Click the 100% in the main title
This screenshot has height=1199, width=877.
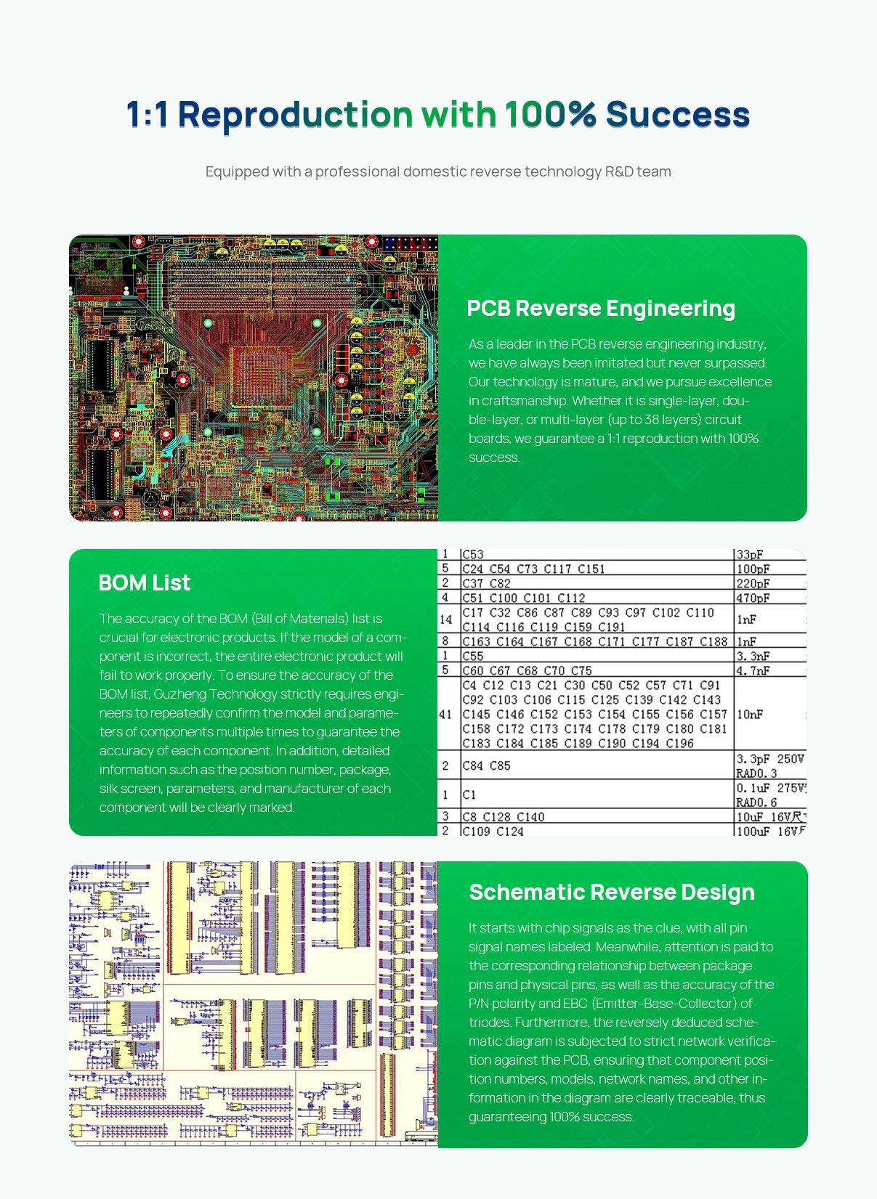550,115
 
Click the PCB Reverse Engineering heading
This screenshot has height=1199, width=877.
600,308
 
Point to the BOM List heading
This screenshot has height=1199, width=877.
144,582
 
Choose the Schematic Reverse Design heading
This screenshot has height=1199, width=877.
611,892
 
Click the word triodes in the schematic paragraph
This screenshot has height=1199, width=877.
490,1023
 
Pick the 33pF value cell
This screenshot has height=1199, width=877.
750,555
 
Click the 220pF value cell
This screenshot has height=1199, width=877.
753,583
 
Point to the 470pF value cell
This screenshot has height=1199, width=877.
753,598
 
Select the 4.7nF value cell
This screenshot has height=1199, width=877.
753,670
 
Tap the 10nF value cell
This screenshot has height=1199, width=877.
750,715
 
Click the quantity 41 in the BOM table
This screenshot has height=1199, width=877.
445,715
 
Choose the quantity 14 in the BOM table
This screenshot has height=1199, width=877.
445,619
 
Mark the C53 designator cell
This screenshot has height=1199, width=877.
473,555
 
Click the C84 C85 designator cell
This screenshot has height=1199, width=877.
486,765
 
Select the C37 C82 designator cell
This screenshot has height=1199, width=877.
486,583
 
